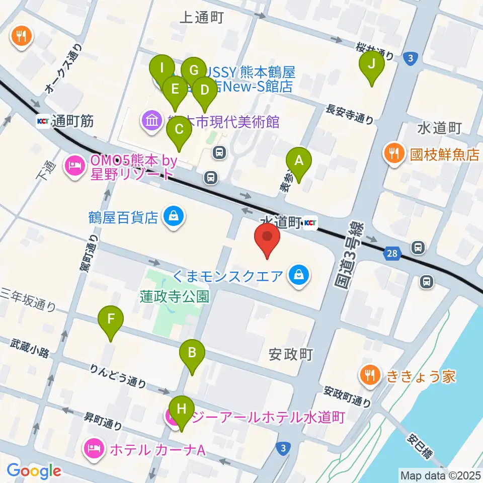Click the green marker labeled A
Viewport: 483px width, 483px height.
pyautogui.click(x=299, y=162)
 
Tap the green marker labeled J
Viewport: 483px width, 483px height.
pyautogui.click(x=372, y=64)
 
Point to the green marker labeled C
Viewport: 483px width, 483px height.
pyautogui.click(x=179, y=129)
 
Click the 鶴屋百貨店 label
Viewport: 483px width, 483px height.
pyautogui.click(x=124, y=217)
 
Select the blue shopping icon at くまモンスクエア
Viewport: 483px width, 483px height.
pyautogui.click(x=299, y=275)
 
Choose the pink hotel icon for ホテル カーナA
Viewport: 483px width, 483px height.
pyautogui.click(x=94, y=448)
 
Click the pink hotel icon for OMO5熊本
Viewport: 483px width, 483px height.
pyautogui.click(x=75, y=168)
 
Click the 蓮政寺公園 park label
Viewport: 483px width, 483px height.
pyautogui.click(x=175, y=296)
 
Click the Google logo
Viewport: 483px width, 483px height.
pyautogui.click(x=34, y=470)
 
